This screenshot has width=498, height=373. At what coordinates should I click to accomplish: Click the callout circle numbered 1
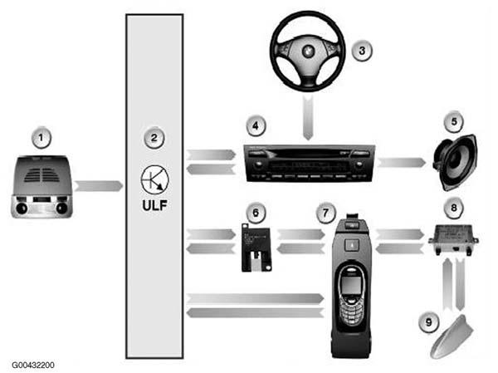click(x=41, y=138)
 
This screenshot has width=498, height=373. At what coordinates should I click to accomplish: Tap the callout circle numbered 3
click(x=362, y=51)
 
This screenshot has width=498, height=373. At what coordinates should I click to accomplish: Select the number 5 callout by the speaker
click(x=454, y=121)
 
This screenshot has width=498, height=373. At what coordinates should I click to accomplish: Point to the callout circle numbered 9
click(x=429, y=322)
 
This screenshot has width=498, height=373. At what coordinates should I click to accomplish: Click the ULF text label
click(x=154, y=205)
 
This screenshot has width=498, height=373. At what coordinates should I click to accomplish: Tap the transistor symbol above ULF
click(x=154, y=179)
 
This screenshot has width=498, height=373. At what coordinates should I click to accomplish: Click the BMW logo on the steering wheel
click(x=308, y=51)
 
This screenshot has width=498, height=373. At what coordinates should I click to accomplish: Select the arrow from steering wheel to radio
click(x=308, y=118)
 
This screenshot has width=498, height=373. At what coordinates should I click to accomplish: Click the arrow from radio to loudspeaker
click(x=402, y=162)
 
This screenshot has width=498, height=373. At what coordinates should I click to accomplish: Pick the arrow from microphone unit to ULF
click(x=99, y=186)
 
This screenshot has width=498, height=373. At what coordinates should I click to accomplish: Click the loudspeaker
click(x=455, y=163)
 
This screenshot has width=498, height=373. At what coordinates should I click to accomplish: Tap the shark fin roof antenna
click(x=452, y=337)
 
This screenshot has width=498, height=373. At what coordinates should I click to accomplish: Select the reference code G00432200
click(x=33, y=365)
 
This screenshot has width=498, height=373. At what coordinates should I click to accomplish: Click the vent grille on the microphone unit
click(x=41, y=175)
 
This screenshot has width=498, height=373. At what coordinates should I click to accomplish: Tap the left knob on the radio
click(x=258, y=165)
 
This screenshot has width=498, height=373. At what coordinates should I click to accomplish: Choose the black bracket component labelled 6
click(x=256, y=248)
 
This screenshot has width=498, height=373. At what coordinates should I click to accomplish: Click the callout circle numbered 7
click(x=325, y=213)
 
